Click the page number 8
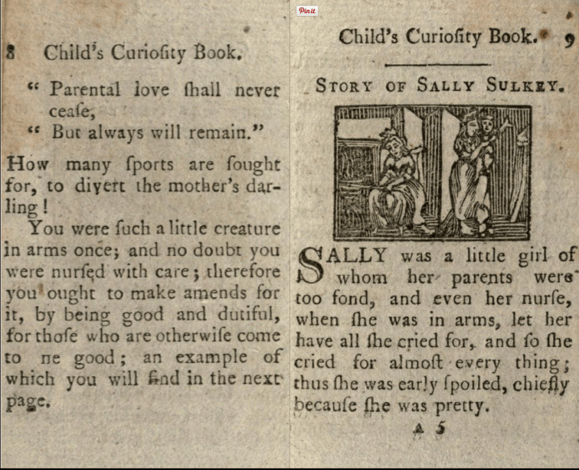(x=10, y=52)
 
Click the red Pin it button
(x=307, y=10)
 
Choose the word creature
(x=243, y=228)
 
